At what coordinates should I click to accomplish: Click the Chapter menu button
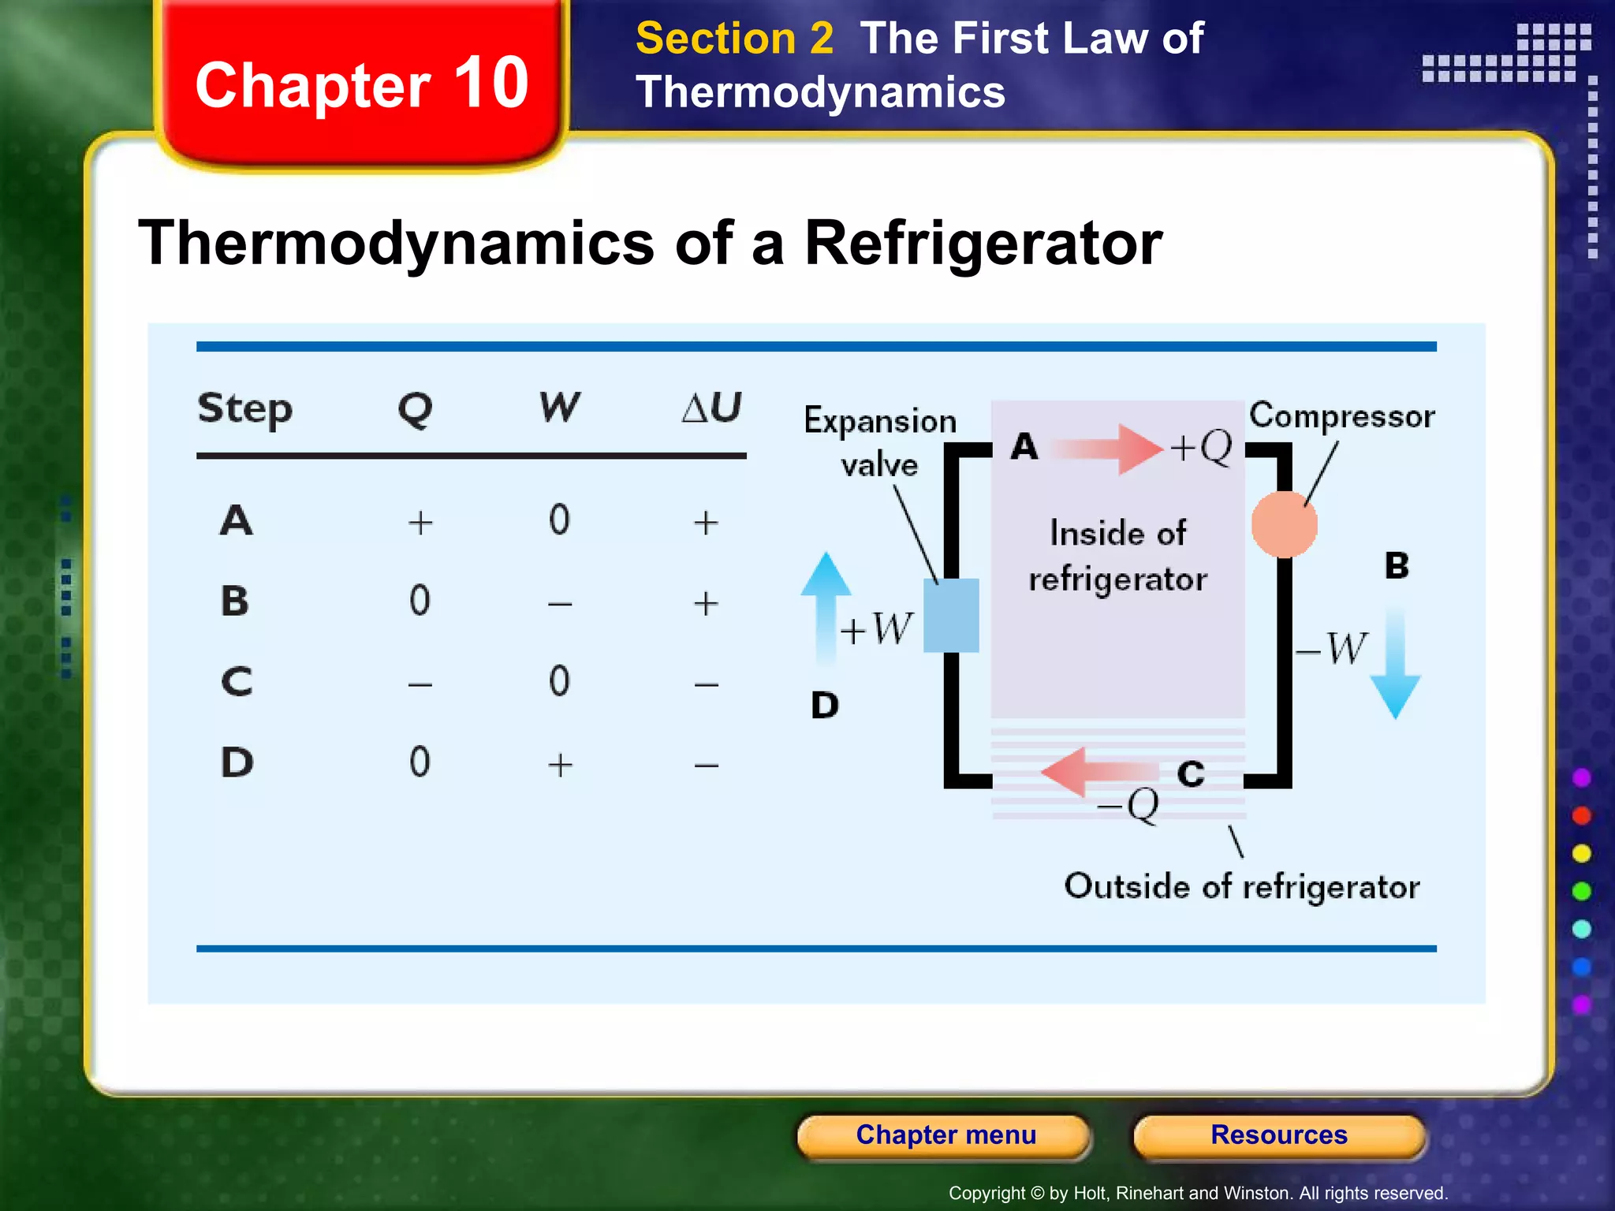pos(945,1135)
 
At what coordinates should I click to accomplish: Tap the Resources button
pos(1278,1135)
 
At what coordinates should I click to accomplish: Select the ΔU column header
pos(711,408)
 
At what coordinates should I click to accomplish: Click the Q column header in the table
pos(416,409)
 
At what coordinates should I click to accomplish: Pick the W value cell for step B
pos(560,604)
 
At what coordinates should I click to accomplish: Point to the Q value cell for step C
pos(420,684)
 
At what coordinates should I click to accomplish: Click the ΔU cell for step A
pos(706,523)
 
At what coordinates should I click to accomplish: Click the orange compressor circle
pos(1284,524)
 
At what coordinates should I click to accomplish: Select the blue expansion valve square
pos(951,616)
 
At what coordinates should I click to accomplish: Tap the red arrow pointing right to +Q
pos(1109,449)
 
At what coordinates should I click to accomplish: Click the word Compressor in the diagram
pos(1341,416)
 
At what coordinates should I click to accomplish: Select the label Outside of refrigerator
pos(1241,887)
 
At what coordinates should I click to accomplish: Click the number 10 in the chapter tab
pos(490,84)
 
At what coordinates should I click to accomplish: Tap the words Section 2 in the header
pos(734,39)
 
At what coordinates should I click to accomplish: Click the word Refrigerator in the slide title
pos(983,243)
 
